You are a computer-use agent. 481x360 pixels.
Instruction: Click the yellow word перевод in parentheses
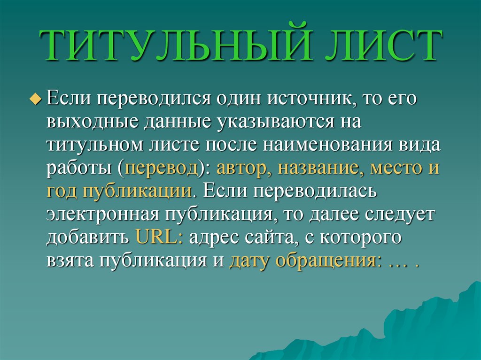[161, 168]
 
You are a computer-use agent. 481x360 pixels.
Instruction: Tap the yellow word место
[396, 168]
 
